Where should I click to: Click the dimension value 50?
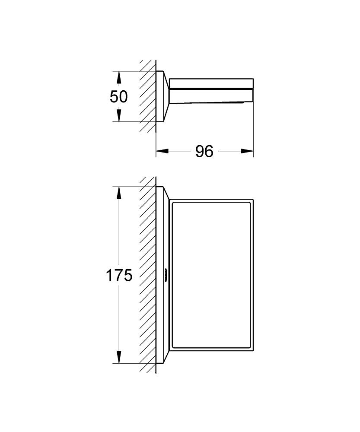(x=118, y=96)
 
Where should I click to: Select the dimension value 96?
(x=204, y=151)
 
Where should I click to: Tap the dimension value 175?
(x=119, y=275)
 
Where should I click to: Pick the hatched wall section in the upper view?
(x=147, y=96)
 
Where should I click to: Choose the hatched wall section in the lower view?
(x=147, y=275)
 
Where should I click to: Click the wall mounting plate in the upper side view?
(x=160, y=96)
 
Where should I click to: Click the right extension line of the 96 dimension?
(x=253, y=130)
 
